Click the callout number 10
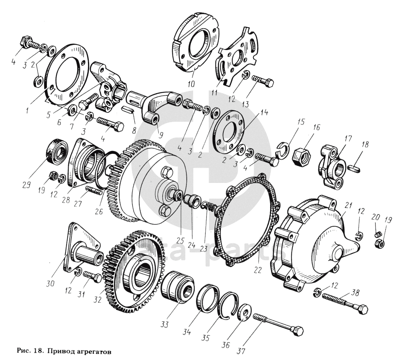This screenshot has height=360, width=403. [191, 84]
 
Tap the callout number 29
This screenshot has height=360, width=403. [26, 184]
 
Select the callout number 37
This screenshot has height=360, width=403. [241, 351]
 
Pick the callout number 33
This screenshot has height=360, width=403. [164, 324]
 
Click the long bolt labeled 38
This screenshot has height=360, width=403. [345, 301]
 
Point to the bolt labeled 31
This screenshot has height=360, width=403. [93, 277]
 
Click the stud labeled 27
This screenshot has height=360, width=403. [93, 191]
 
